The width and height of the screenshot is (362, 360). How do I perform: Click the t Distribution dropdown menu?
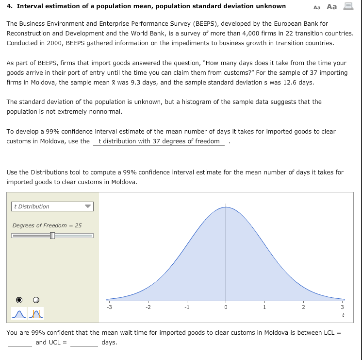(52, 206)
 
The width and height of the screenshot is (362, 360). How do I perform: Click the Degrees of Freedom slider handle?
(52, 236)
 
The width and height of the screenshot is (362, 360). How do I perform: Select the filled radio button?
(19, 299)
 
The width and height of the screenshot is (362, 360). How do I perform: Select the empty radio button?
(36, 299)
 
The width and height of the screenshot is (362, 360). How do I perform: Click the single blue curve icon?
(19, 314)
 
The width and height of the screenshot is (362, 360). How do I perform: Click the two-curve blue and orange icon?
(36, 314)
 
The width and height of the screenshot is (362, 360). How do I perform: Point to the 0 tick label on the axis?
(226, 307)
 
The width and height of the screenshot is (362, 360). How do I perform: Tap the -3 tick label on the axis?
(109, 307)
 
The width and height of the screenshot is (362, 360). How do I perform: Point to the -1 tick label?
(186, 307)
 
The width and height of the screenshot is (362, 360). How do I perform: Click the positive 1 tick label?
(264, 307)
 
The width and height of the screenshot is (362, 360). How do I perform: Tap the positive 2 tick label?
(303, 307)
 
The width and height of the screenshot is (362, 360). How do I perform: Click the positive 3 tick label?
(342, 307)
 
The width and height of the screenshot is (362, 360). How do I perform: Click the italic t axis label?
(343, 315)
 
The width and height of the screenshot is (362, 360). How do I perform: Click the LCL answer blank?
(19, 343)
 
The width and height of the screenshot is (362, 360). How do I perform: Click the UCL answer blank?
(84, 343)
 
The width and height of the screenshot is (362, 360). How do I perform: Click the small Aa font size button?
(317, 7)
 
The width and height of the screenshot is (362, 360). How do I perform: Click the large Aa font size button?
(332, 7)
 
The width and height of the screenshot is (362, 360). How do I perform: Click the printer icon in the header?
(347, 7)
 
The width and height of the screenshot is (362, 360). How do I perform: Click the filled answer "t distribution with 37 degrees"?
(159, 141)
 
